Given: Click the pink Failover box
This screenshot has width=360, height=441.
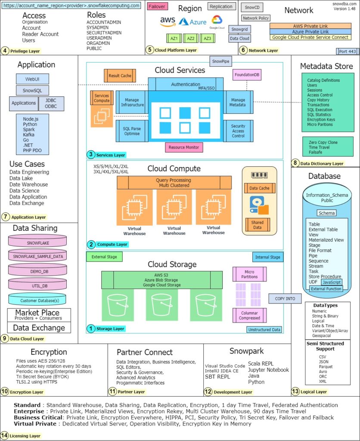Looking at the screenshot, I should pyautogui.click(x=157, y=7).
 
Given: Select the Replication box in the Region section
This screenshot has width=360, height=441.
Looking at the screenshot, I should pyautogui.click(x=221, y=7).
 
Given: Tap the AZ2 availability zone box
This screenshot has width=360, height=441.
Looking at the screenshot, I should pyautogui.click(x=190, y=39).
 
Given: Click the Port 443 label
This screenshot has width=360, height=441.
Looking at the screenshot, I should pyautogui.click(x=347, y=52).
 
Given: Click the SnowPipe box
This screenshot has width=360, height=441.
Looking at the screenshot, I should pyautogui.click(x=220, y=61).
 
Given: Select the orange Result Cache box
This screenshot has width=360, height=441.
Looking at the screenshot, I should pyautogui.click(x=120, y=76).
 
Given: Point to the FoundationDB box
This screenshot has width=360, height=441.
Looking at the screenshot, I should pyautogui.click(x=247, y=75).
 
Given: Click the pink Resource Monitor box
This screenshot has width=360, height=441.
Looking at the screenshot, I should pyautogui.click(x=184, y=147).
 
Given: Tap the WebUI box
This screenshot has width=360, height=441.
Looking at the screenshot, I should pyautogui.click(x=32, y=79).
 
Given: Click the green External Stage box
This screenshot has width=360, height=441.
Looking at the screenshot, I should pyautogui.click(x=104, y=257).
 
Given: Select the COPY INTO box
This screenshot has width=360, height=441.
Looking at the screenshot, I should pyautogui.click(x=285, y=298).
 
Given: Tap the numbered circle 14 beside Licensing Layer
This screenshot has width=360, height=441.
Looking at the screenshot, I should pyautogui.click(x=5, y=435).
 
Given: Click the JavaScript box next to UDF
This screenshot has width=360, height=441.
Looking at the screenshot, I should pyautogui.click(x=332, y=282).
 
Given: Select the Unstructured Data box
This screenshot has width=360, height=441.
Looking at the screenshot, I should pyautogui.click(x=264, y=329).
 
